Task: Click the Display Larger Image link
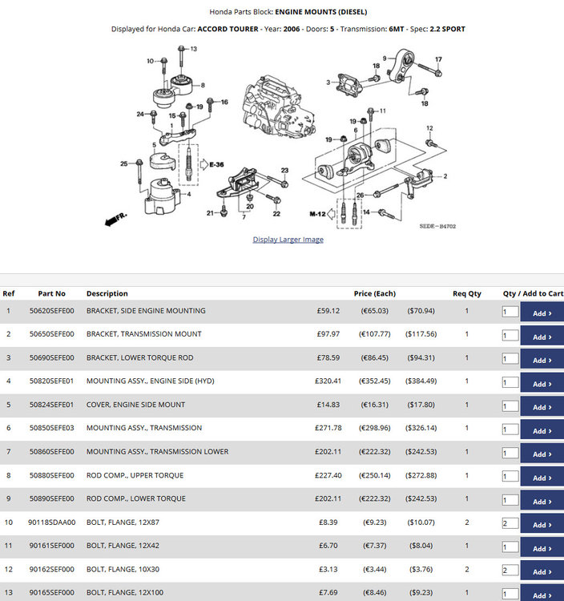tap(288, 240)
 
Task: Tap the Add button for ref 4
tap(542, 384)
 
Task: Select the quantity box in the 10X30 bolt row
tap(510, 570)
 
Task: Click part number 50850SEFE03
tap(52, 428)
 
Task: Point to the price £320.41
tap(328, 381)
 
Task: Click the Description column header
tap(107, 293)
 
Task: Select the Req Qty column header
tap(467, 293)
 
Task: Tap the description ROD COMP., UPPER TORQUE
tap(135, 475)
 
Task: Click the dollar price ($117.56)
tap(421, 334)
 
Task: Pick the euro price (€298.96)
tap(375, 428)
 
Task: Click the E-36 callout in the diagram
tap(216, 164)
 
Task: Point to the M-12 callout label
tap(317, 214)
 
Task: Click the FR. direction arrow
tap(115, 220)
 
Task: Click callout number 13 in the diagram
tap(194, 49)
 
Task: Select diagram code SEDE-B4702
tap(437, 226)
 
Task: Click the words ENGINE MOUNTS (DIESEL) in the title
tap(321, 12)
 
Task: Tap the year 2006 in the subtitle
tap(292, 29)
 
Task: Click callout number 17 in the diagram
tap(439, 59)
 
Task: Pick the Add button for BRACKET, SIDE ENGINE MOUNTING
tap(542, 313)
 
